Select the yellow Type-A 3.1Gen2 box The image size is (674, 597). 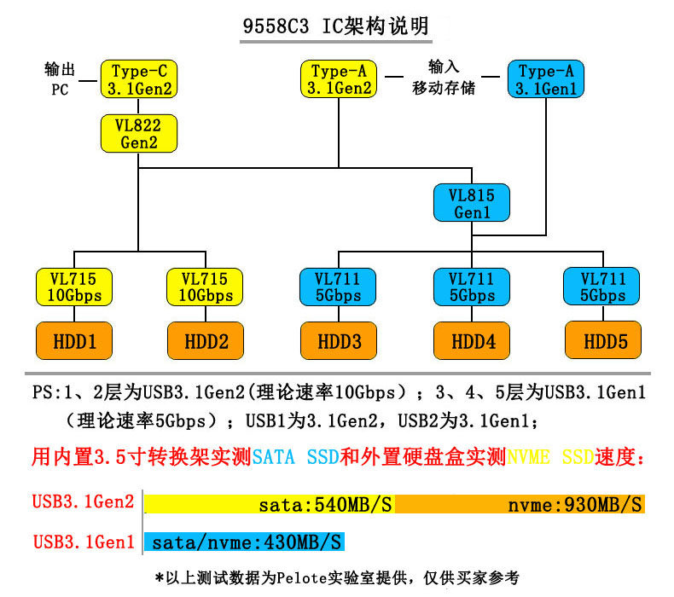tap(340, 78)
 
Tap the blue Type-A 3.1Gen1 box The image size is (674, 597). tap(546, 78)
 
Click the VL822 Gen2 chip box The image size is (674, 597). tap(139, 133)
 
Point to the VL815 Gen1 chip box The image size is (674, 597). tap(472, 202)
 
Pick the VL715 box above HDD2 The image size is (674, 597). tap(205, 287)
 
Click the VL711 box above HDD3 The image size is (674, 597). tap(340, 287)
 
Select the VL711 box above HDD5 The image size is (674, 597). tap(603, 287)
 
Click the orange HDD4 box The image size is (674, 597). tap(471, 341)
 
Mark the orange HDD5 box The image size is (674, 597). tap(605, 341)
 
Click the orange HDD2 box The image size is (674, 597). tap(206, 341)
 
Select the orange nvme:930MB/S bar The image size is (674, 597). tap(520, 503)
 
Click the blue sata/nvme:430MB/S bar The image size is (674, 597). tap(247, 541)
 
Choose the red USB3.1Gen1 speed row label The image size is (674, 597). tap(84, 541)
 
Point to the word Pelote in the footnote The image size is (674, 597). tap(299, 577)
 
